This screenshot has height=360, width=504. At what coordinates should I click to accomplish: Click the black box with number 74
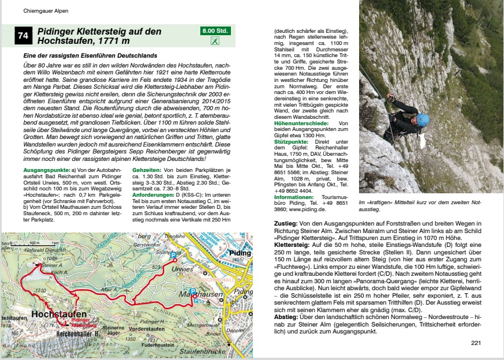[x=23, y=36]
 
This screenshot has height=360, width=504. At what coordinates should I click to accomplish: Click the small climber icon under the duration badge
[x=214, y=41]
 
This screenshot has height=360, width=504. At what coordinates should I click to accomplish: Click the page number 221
[x=476, y=343]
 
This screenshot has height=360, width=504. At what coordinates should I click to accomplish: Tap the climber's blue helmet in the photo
[x=423, y=119]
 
